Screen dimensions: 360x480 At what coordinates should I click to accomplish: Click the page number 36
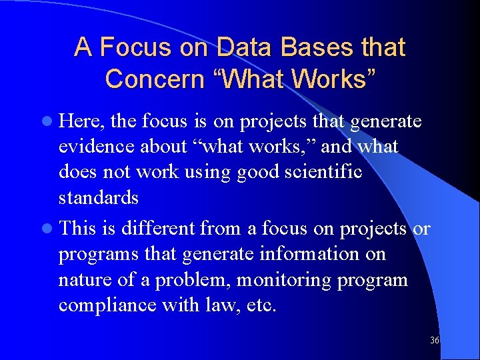click(x=434, y=340)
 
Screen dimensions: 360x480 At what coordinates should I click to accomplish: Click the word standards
click(x=99, y=197)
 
